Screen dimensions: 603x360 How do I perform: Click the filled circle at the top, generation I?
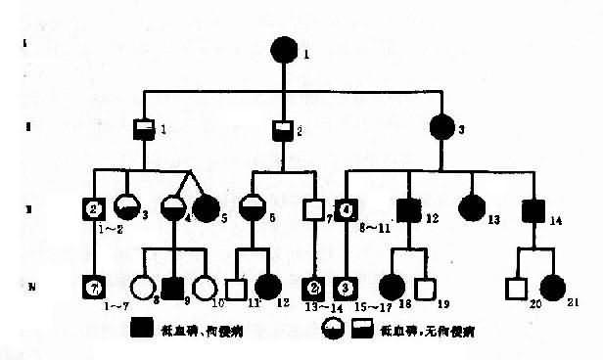(x=283, y=49)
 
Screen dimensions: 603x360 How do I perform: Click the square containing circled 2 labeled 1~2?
(x=94, y=209)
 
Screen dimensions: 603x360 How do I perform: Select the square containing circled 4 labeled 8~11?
(x=348, y=209)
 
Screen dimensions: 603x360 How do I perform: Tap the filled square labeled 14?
(x=533, y=209)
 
